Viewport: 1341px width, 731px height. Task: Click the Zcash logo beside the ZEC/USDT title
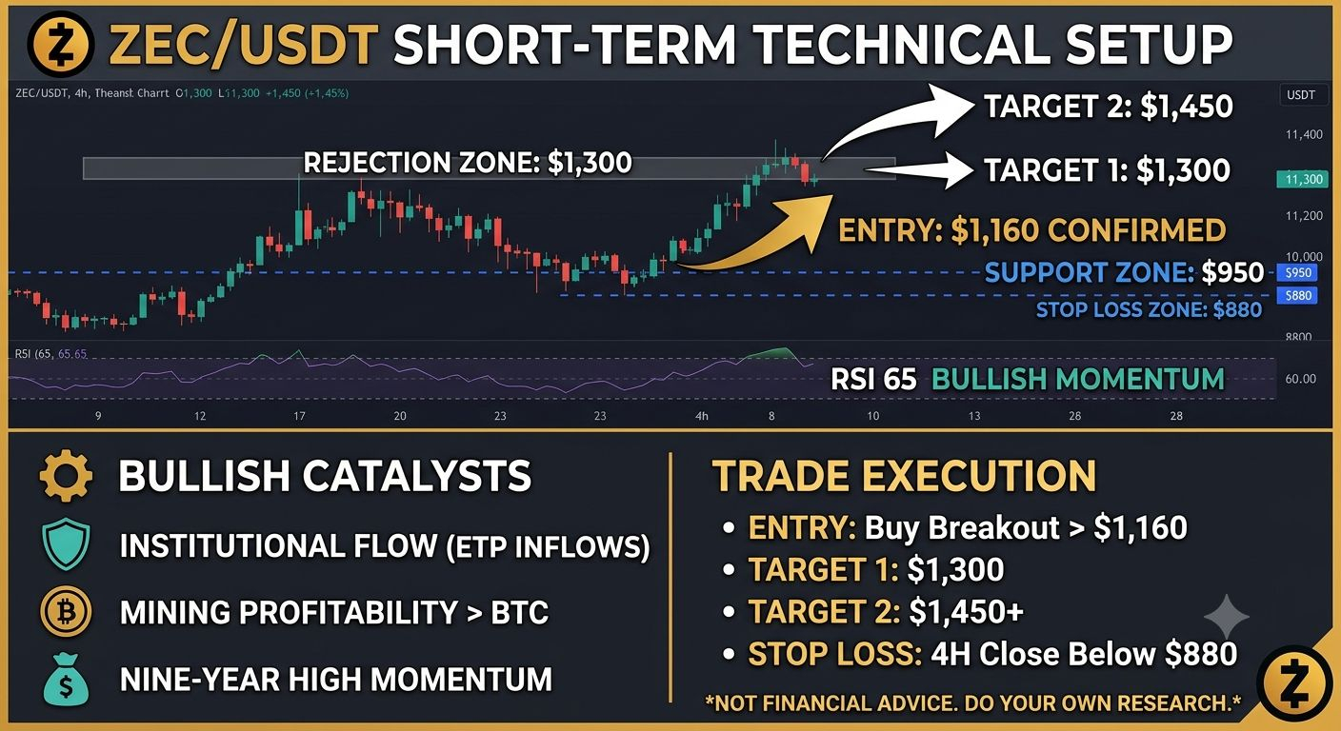coord(60,45)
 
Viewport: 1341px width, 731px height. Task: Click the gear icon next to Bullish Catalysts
coord(66,476)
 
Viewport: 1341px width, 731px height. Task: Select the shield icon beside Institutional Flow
coord(66,544)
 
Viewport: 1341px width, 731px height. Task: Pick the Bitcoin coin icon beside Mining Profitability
coord(66,612)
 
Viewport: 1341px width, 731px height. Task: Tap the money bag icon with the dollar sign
coord(66,679)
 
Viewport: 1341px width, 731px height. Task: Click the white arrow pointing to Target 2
coord(886,123)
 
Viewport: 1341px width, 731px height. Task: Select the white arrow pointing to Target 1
coord(922,169)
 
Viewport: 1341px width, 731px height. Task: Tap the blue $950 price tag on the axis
coord(1297,273)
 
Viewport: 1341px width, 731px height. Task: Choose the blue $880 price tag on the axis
coord(1297,295)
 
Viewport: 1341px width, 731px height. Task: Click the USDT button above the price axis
coord(1302,95)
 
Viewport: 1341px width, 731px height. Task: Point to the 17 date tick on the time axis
coord(299,416)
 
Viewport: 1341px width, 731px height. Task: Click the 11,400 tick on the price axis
coord(1304,134)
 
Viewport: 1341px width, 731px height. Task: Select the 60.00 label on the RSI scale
coord(1300,379)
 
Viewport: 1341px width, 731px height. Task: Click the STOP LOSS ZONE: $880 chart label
coord(1149,310)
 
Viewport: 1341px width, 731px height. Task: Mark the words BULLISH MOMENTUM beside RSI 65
coord(1078,379)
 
